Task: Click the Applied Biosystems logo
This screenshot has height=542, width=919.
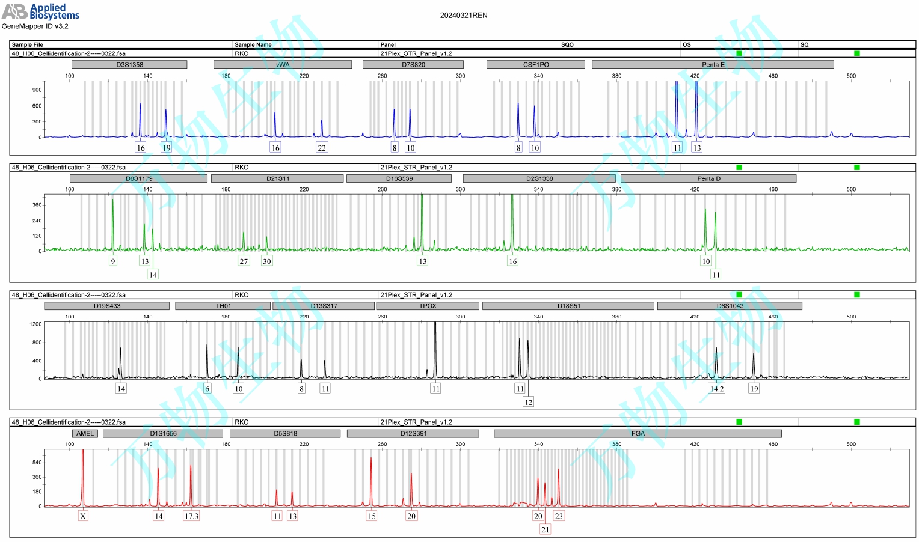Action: click(40, 11)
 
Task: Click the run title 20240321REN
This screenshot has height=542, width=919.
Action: click(464, 16)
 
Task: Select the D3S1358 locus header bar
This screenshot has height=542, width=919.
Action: click(129, 64)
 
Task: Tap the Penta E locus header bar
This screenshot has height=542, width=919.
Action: click(713, 64)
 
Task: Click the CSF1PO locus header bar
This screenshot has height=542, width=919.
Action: click(535, 64)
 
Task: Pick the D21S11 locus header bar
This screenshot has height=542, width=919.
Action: click(277, 178)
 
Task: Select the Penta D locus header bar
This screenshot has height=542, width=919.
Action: click(708, 178)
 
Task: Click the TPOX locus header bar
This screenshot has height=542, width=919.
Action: click(428, 306)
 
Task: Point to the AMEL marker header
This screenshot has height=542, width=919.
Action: click(85, 433)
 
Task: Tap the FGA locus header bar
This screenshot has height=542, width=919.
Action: click(638, 433)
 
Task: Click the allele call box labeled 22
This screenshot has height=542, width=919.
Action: click(322, 148)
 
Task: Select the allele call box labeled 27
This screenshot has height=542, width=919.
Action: click(244, 261)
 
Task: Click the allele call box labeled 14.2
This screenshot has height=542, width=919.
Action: click(717, 389)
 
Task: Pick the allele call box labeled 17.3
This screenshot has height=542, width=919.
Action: click(191, 516)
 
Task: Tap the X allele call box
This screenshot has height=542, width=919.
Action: click(83, 516)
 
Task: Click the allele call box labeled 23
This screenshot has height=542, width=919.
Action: click(559, 516)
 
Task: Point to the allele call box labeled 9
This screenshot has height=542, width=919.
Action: click(112, 261)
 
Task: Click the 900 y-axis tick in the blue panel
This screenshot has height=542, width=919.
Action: click(37, 90)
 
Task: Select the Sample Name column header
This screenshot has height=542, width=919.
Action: click(253, 44)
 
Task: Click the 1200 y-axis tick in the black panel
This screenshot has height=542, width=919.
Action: click(35, 324)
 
